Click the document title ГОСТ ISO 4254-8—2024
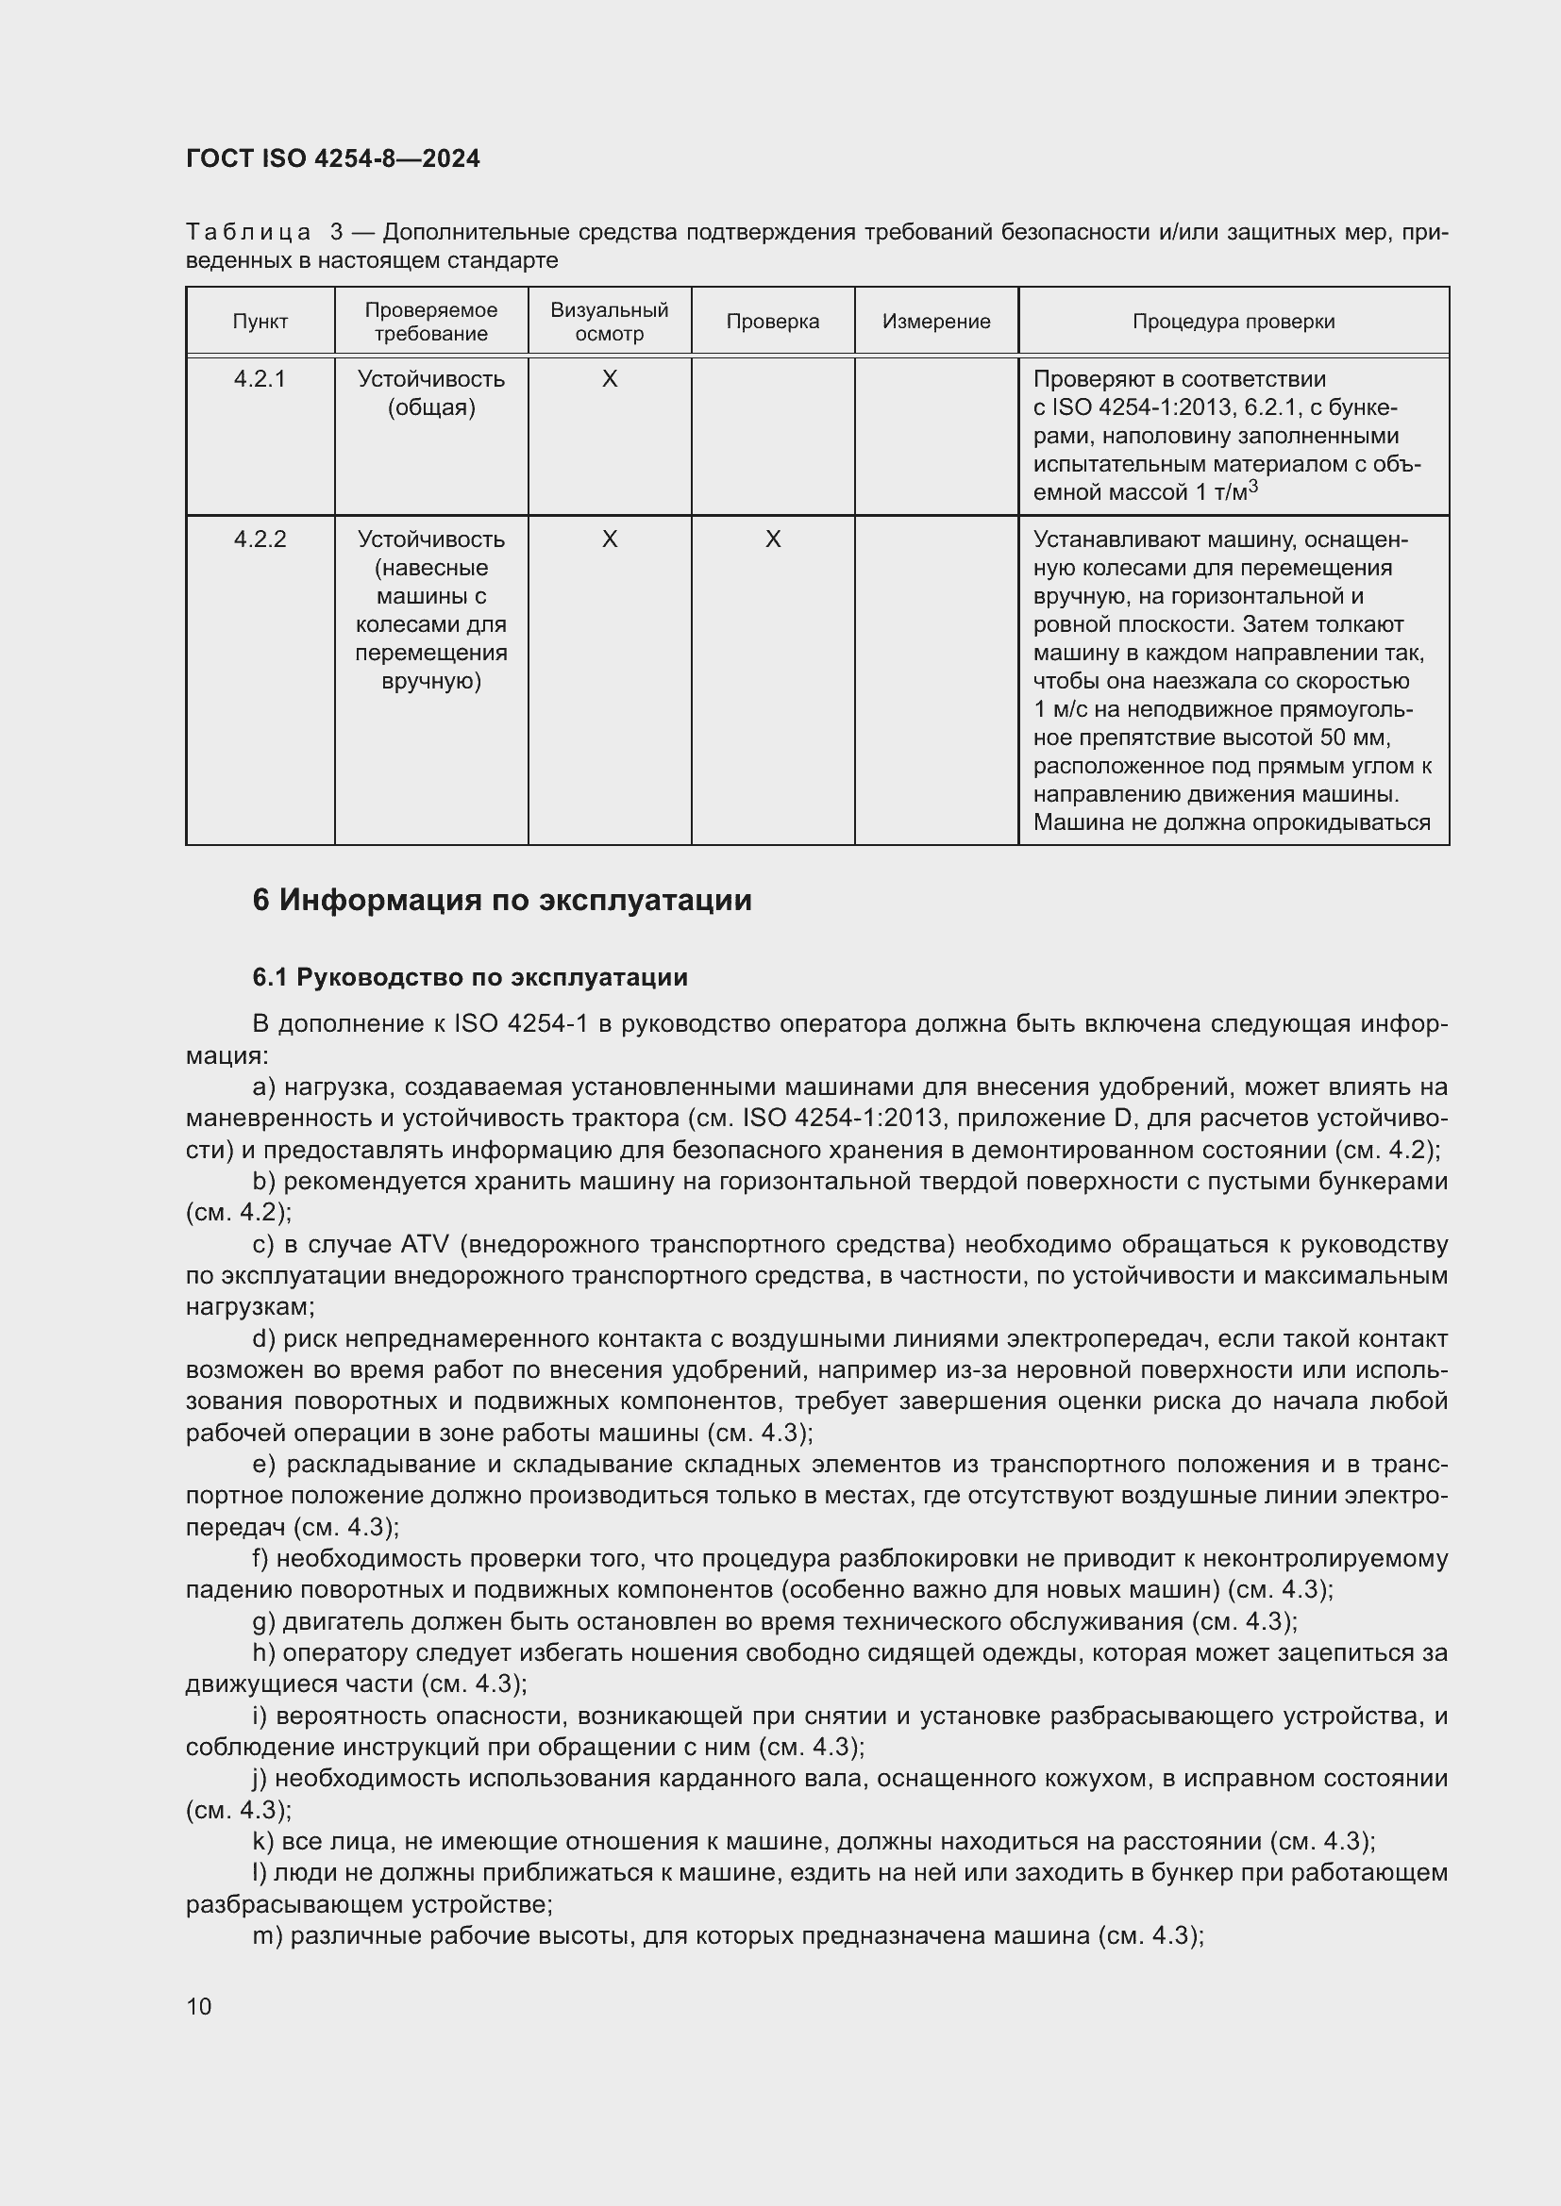(x=332, y=158)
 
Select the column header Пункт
(x=260, y=322)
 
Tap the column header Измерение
(x=935, y=322)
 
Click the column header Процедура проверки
(x=1233, y=322)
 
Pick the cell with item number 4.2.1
(x=260, y=379)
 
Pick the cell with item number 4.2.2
(x=260, y=540)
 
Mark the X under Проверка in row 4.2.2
(x=772, y=540)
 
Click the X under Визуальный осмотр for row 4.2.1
(x=609, y=379)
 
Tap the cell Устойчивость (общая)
(x=430, y=393)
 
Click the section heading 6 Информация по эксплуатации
(x=502, y=901)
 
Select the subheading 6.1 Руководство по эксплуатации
(x=470, y=978)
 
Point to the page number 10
(x=199, y=2006)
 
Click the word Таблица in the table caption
(x=248, y=233)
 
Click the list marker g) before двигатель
(x=263, y=1622)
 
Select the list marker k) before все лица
(x=262, y=1842)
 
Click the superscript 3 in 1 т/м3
(x=1252, y=487)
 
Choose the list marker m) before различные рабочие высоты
(x=267, y=1936)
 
